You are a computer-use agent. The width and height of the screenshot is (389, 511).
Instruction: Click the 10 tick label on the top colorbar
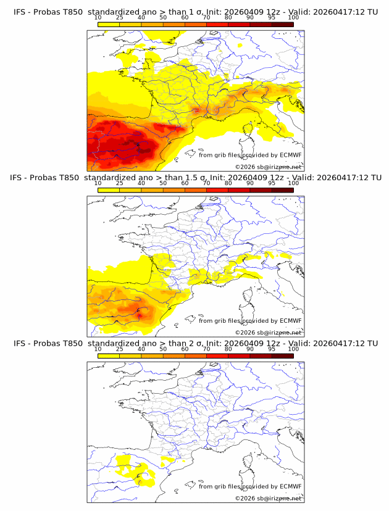tap(98, 18)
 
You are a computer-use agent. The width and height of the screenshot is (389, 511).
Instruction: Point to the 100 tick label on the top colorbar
tap(293, 18)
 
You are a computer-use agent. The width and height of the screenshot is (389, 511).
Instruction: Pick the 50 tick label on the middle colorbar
tap(163, 183)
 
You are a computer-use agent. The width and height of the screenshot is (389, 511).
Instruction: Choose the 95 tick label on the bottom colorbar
tap(272, 349)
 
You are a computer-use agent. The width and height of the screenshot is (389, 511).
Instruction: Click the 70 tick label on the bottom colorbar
tap(206, 349)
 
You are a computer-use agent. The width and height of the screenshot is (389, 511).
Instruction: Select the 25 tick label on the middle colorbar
tap(119, 183)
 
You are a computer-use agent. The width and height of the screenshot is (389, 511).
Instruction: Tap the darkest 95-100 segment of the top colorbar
tap(282, 25)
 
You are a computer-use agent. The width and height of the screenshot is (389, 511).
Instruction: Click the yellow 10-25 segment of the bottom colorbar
tap(108, 356)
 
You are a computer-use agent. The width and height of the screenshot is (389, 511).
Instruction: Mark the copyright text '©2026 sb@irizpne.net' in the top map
tap(269, 167)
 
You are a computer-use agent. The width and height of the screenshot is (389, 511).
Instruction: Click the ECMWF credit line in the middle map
tap(250, 321)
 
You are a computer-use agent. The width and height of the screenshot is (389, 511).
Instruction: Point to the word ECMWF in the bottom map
tap(291, 486)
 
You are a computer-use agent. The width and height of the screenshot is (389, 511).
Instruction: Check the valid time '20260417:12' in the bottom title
tap(338, 343)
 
